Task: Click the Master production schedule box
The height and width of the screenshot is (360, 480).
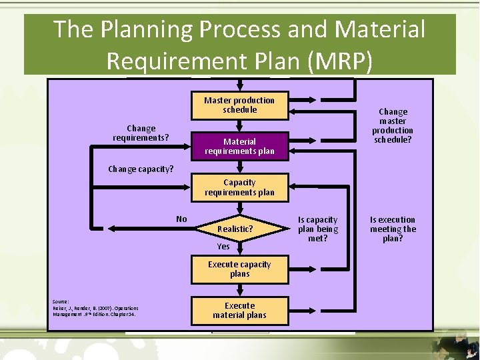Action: pos(239,105)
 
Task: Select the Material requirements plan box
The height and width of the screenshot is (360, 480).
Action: pos(239,146)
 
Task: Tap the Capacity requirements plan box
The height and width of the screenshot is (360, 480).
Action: pos(239,187)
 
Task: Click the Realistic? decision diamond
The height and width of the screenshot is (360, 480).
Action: pos(235,229)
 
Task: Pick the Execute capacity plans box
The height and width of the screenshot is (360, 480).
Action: pos(239,269)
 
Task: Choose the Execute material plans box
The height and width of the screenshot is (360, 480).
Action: pos(239,311)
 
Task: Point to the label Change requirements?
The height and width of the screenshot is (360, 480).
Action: pos(141,133)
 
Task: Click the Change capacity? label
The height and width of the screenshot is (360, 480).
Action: pos(141,169)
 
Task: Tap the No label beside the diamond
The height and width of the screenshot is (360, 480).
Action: pos(181,219)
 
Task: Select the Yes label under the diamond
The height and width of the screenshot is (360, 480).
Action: pos(223,247)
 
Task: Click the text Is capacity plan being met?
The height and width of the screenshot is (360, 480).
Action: pos(318,229)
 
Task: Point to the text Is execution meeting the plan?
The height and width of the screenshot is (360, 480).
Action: pos(393,229)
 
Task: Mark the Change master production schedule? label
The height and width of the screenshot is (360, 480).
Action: pos(393,126)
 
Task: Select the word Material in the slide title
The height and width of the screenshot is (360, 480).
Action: pos(381,30)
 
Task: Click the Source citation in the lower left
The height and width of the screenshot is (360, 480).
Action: pos(94,308)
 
